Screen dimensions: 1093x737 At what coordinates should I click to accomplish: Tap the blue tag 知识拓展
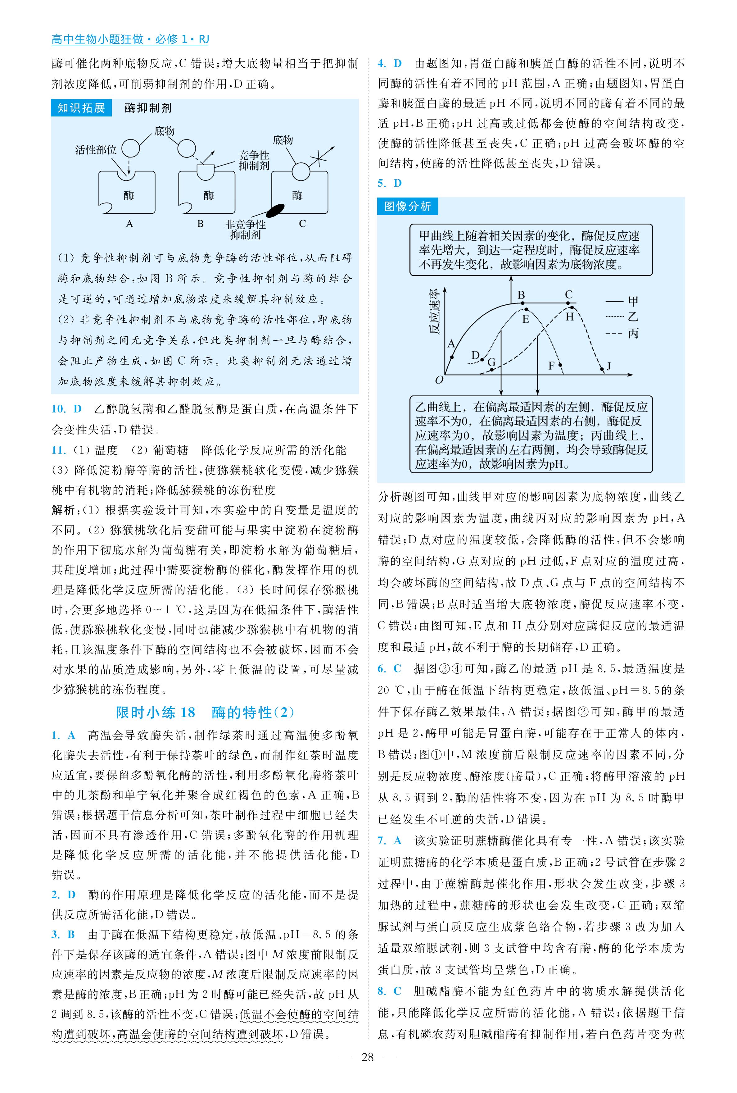(81, 108)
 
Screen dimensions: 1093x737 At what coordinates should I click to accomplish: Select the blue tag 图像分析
(407, 206)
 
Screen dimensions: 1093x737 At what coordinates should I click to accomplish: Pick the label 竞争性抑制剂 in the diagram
(254, 160)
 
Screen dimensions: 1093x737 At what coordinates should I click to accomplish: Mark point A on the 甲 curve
(451, 356)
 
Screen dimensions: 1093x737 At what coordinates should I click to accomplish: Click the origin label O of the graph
(440, 380)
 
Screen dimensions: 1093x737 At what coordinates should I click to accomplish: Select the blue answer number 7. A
(390, 840)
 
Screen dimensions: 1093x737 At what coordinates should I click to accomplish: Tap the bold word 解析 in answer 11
(63, 510)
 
